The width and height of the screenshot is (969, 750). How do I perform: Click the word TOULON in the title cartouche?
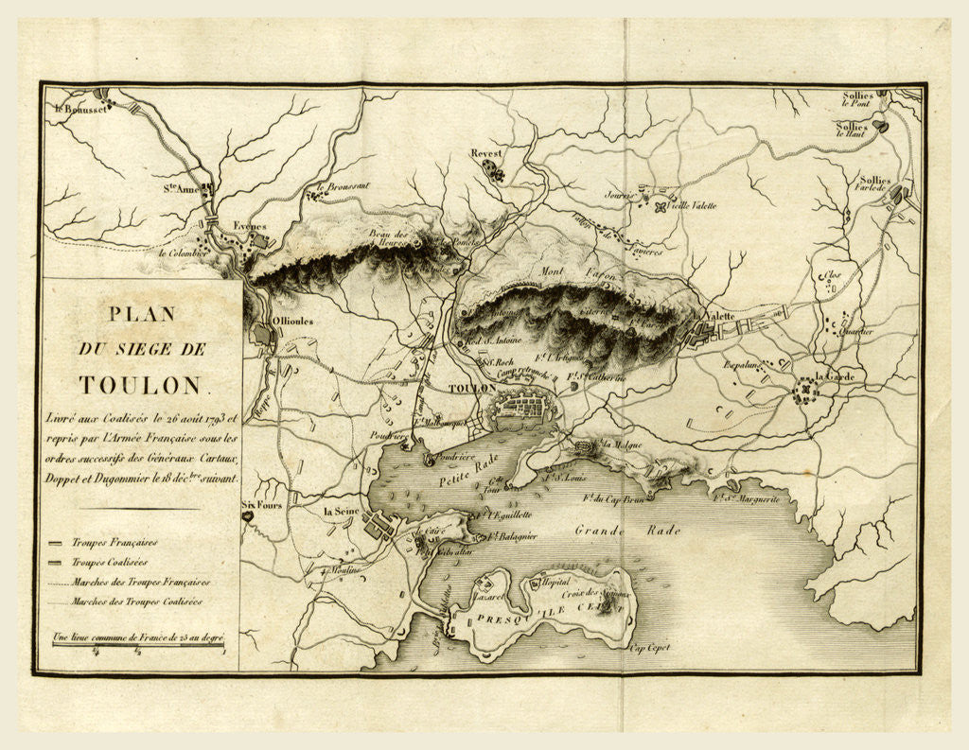[140, 385]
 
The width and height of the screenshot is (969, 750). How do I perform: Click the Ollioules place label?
[292, 322]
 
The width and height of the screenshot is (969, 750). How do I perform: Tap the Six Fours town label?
[262, 505]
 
